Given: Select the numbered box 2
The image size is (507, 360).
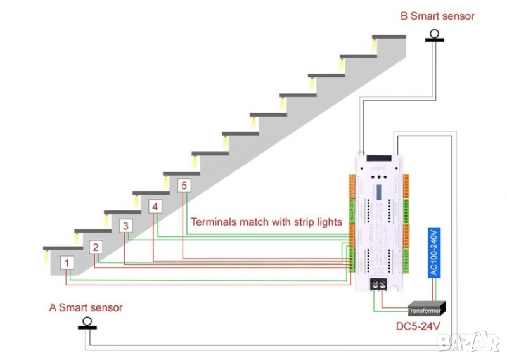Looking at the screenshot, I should (96, 247).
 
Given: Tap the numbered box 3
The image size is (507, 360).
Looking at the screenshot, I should (126, 226).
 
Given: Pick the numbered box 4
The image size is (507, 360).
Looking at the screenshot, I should (155, 207).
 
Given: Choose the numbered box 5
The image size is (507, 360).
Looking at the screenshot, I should (184, 186).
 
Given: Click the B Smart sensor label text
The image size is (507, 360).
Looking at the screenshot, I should (437, 16).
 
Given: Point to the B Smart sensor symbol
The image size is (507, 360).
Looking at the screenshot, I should (435, 36).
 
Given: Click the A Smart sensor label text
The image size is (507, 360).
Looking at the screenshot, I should (86, 307).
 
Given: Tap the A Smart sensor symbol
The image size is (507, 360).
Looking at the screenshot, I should (87, 324).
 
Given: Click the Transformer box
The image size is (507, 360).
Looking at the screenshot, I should (425, 310).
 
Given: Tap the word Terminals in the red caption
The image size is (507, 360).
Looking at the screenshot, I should (215, 222).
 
